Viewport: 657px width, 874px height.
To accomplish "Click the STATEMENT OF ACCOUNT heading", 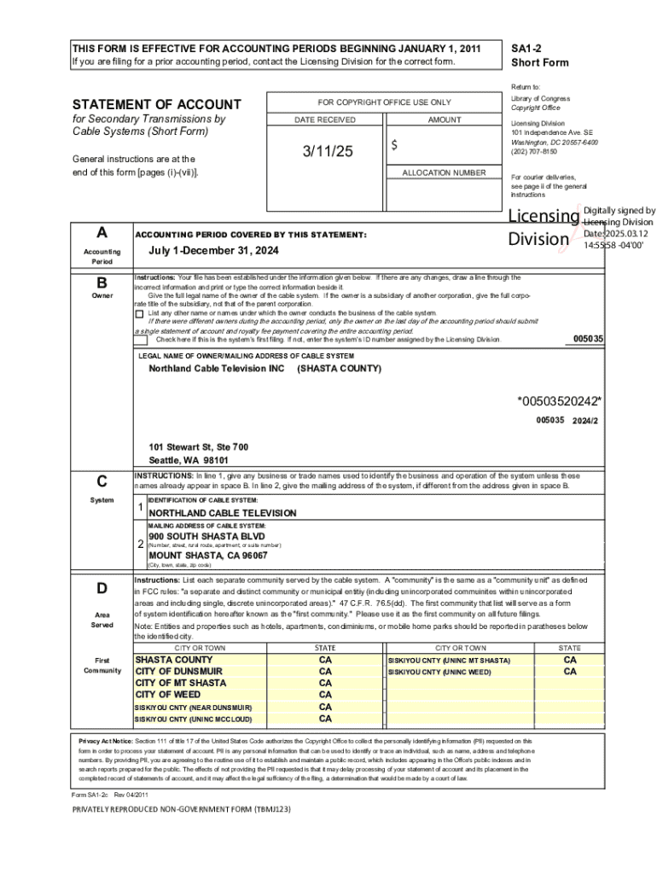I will (x=156, y=105).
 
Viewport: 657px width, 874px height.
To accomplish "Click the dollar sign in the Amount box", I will (x=394, y=146).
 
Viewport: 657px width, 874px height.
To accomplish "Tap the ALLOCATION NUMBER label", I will (x=444, y=173).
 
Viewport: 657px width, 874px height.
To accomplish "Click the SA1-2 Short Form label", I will (x=539, y=55).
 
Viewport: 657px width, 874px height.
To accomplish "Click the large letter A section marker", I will (x=102, y=233).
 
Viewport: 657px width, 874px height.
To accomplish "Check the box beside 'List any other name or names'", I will (x=140, y=313).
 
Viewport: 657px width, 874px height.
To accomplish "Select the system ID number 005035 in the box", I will (x=588, y=339).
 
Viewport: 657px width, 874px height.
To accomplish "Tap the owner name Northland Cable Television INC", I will (x=217, y=369).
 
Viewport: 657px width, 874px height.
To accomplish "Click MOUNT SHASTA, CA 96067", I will (x=208, y=555).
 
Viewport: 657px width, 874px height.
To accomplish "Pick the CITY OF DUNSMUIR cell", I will (x=179, y=672).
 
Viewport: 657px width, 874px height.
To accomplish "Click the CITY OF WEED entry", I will (x=168, y=695).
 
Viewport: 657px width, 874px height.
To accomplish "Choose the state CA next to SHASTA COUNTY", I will (x=325, y=660).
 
